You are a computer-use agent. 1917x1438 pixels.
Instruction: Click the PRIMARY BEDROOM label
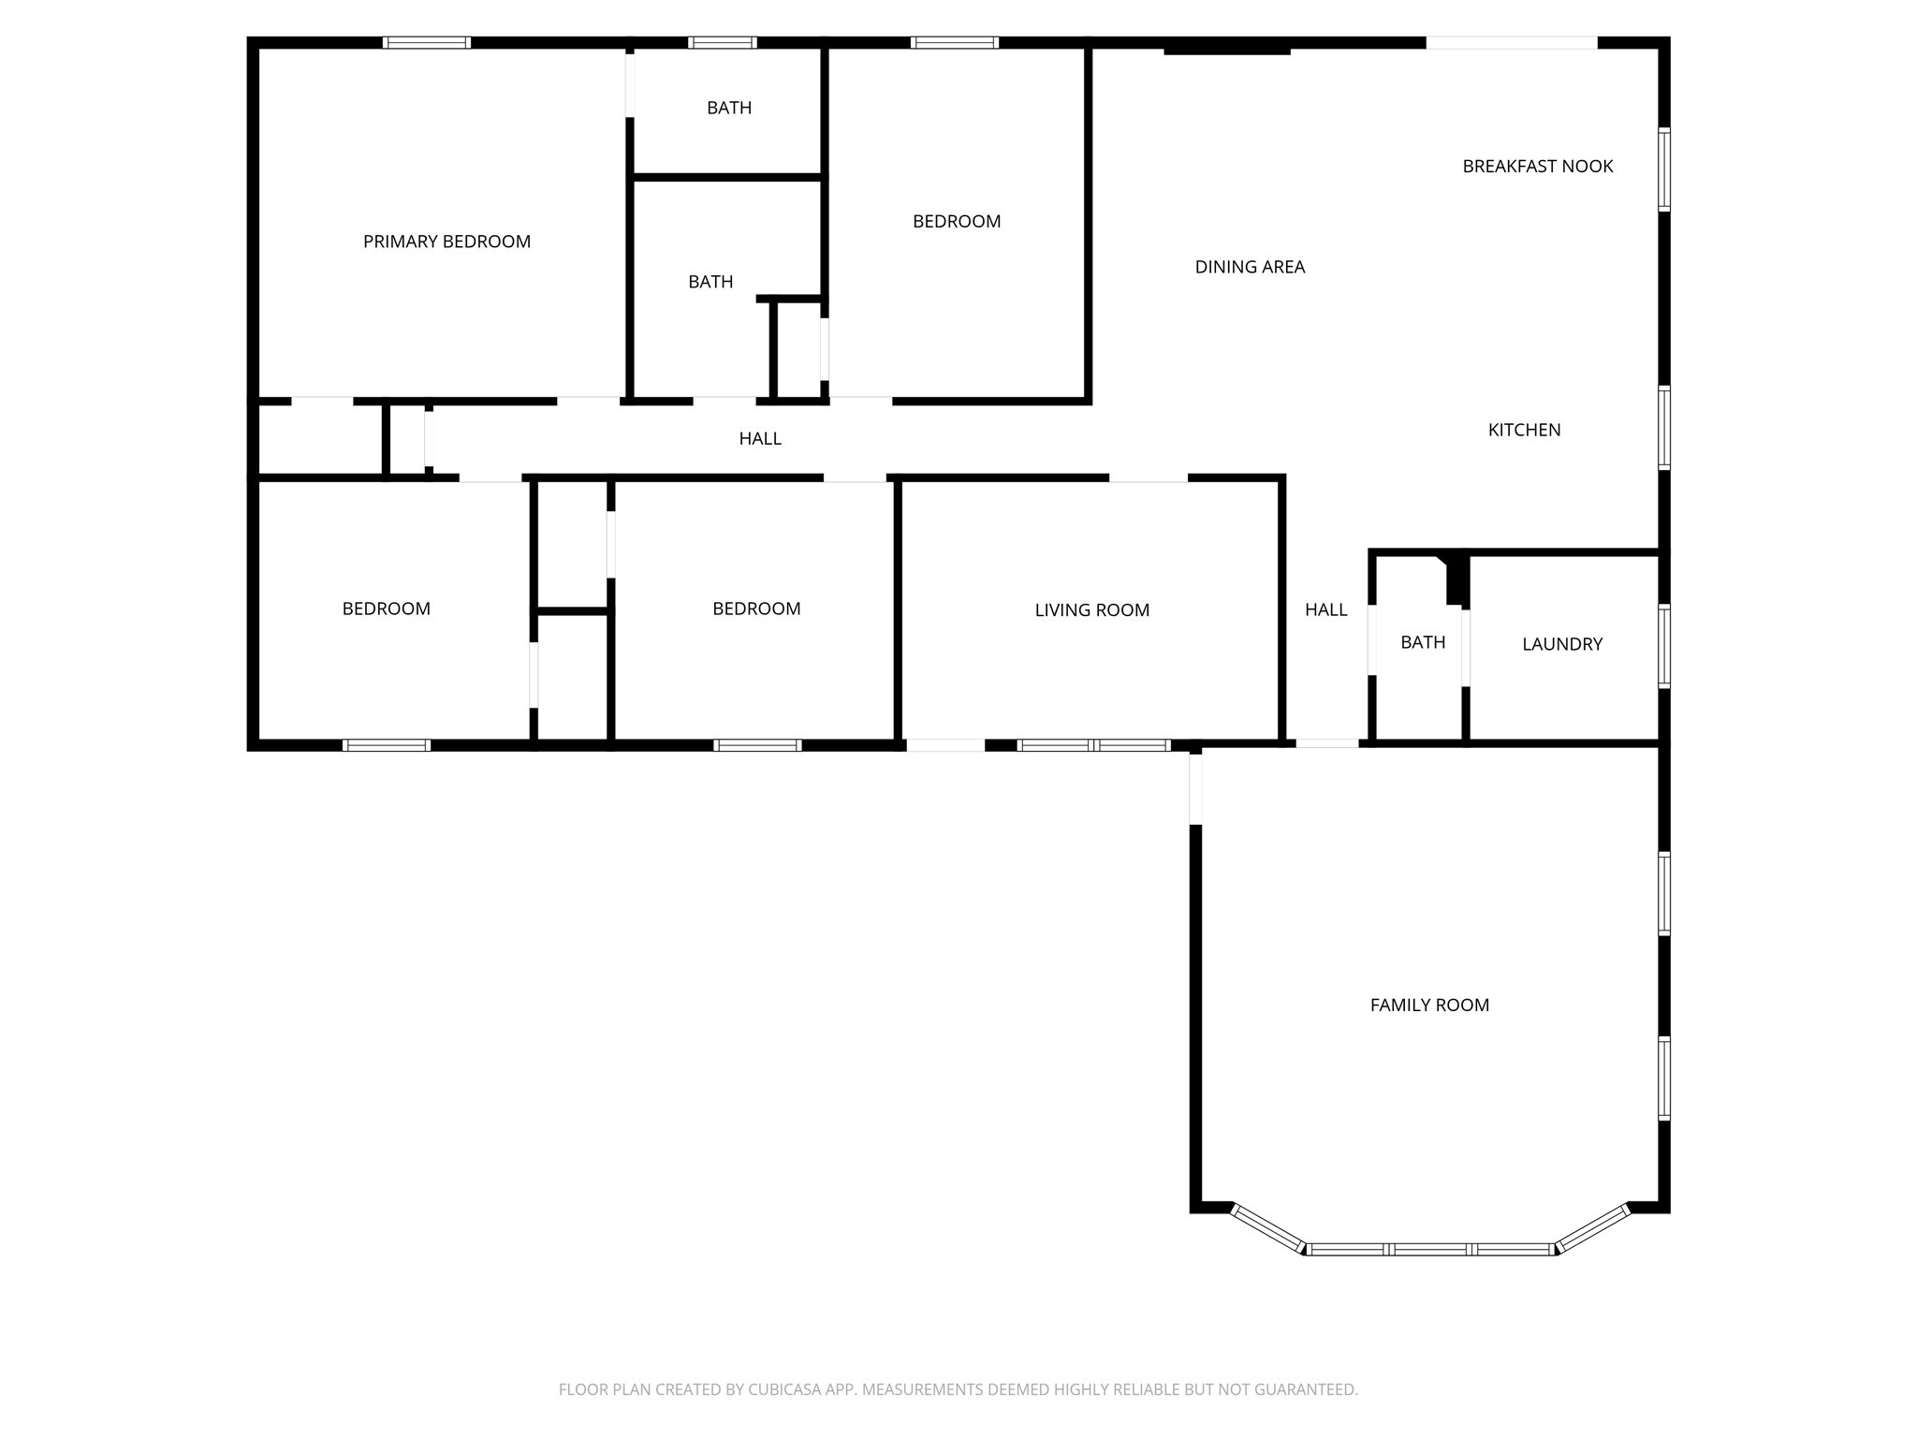coord(446,242)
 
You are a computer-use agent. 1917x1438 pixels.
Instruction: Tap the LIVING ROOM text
coord(1091,610)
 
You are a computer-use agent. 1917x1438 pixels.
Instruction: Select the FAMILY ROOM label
coord(1429,1005)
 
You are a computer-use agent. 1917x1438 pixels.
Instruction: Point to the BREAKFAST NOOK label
coord(1538,167)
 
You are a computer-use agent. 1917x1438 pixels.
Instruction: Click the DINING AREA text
coord(1250,267)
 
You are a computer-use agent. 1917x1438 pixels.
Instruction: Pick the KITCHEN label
coord(1524,430)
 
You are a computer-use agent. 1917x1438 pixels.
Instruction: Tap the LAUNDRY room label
coord(1562,644)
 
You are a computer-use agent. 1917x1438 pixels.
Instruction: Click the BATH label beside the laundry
coord(1423,642)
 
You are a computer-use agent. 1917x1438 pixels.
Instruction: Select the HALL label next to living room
coord(1325,610)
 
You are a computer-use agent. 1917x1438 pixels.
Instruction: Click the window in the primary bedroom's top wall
coord(427,42)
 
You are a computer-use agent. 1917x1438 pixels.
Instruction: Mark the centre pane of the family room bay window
coord(1429,1249)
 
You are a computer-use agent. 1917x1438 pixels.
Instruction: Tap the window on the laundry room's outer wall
coord(1664,647)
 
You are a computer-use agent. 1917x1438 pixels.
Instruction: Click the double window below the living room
coord(1093,745)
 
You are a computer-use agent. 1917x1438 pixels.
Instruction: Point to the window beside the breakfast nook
coord(1664,169)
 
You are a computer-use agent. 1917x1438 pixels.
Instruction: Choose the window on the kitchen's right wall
coord(1664,428)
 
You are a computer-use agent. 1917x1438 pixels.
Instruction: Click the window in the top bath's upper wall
coord(723,42)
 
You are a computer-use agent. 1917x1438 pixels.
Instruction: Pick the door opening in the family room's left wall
coord(1195,788)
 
